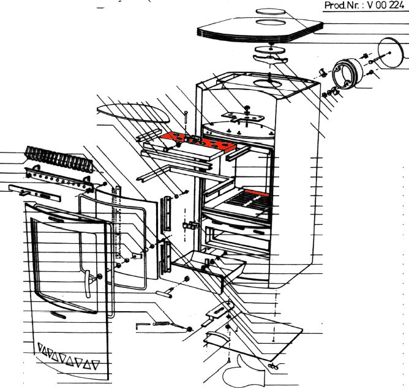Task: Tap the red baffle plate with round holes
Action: tap(199, 142)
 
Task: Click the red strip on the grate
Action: tap(257, 193)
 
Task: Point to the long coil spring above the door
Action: tap(59, 159)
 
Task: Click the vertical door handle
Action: tap(88, 284)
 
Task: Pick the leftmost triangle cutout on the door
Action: tap(41, 347)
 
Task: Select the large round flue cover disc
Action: tap(391, 53)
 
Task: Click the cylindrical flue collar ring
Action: tap(347, 74)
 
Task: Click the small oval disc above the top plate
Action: tap(270, 11)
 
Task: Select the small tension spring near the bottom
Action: tap(161, 324)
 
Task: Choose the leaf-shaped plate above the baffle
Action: tap(133, 113)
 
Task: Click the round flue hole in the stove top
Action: tap(268, 83)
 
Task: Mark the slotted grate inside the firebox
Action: tap(247, 202)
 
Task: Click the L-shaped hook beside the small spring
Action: tap(142, 325)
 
